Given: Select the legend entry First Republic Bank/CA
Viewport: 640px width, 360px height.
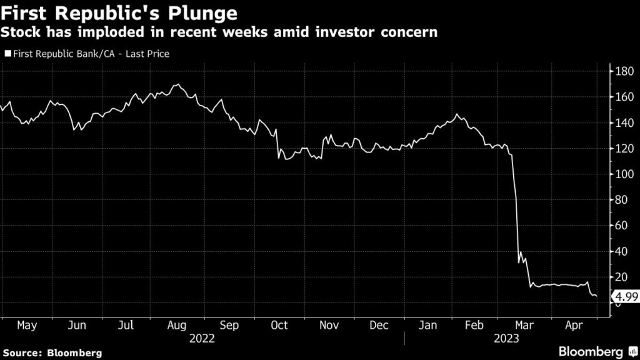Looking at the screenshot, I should pyautogui.click(x=87, y=54).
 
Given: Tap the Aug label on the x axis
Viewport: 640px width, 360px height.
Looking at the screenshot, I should pyautogui.click(x=176, y=325).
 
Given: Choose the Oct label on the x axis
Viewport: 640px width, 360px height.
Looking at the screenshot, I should pyautogui.click(x=279, y=325).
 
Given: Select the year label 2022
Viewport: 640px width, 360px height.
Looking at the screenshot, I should pyautogui.click(x=201, y=338).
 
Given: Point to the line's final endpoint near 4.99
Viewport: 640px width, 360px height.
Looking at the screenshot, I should pyautogui.click(x=596, y=296).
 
